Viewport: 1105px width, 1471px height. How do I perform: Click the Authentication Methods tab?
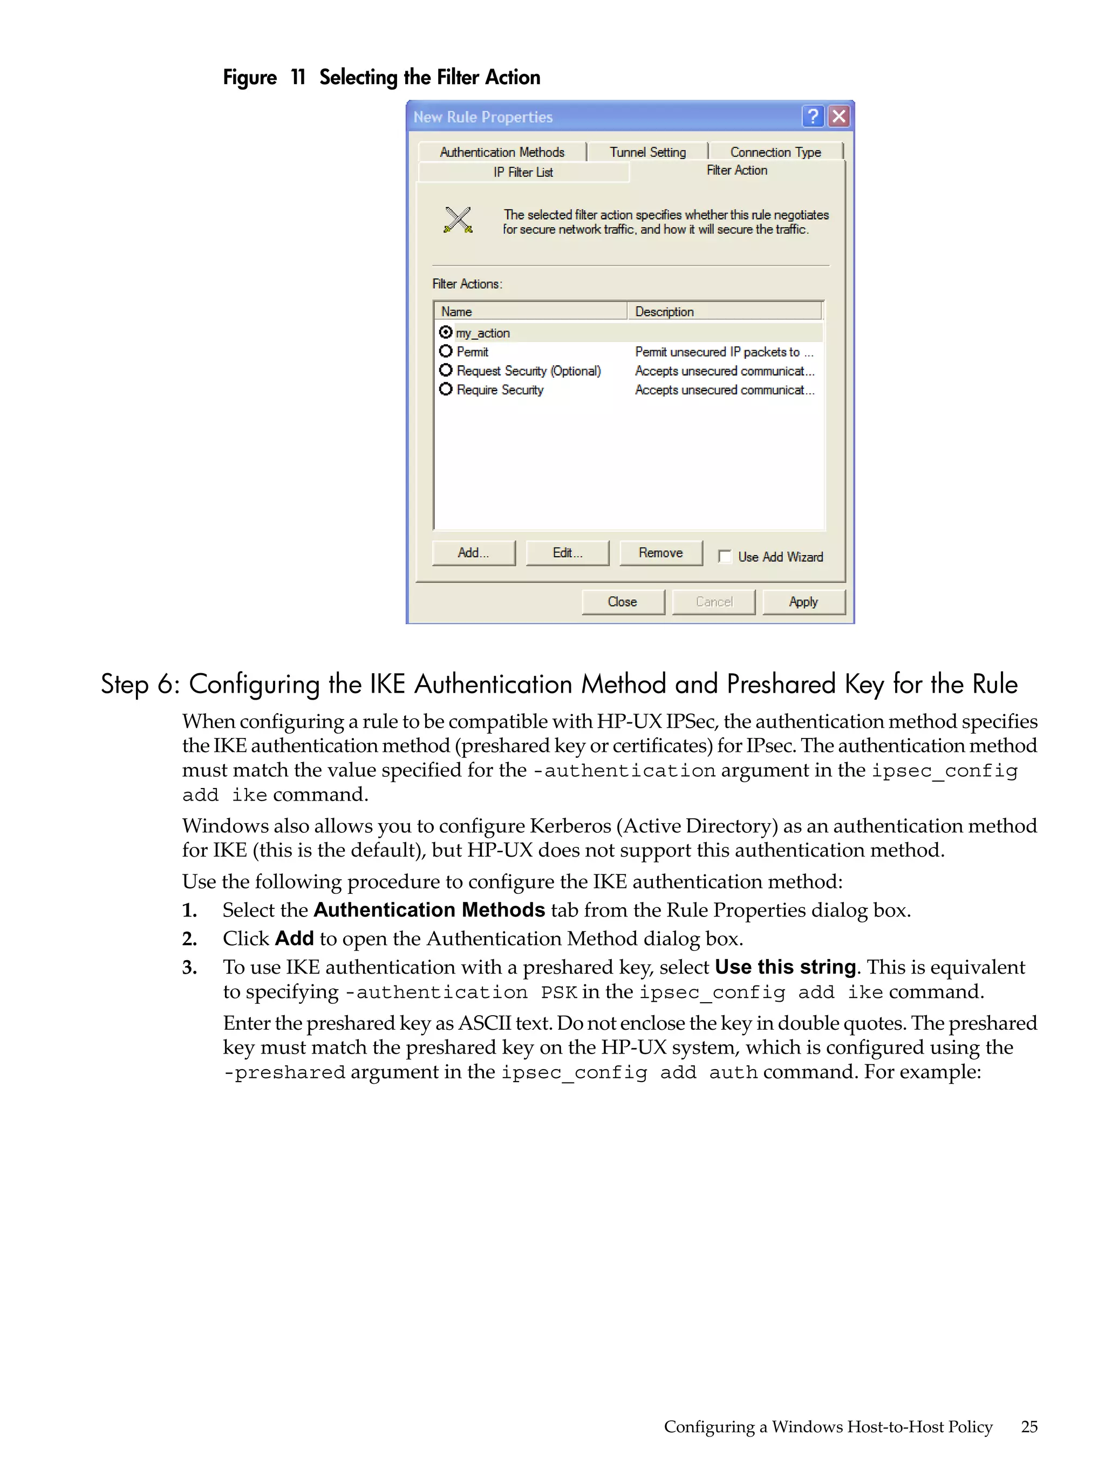click(502, 152)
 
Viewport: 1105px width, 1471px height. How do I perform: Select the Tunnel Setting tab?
click(647, 152)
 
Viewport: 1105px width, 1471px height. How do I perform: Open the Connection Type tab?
click(775, 152)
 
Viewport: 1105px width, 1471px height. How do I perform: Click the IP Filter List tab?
click(523, 172)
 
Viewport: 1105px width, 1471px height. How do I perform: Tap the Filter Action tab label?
click(736, 170)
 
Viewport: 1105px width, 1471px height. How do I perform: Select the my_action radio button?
click(446, 332)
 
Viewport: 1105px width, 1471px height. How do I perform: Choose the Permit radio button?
click(446, 351)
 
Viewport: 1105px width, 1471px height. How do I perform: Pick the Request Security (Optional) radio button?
click(446, 371)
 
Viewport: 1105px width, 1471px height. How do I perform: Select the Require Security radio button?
click(446, 389)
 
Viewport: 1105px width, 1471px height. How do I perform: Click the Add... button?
click(473, 552)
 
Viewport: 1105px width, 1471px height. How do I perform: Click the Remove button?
click(660, 552)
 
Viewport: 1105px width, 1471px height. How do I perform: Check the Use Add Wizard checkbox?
click(725, 557)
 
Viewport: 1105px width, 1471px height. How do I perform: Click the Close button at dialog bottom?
click(623, 602)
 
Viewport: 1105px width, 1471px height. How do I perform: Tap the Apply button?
click(803, 602)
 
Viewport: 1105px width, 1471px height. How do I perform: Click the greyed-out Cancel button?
click(713, 602)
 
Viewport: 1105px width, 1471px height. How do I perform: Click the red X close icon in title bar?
click(840, 117)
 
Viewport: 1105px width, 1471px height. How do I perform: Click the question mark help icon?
click(812, 117)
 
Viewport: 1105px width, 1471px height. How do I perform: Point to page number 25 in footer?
click(1028, 1426)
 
